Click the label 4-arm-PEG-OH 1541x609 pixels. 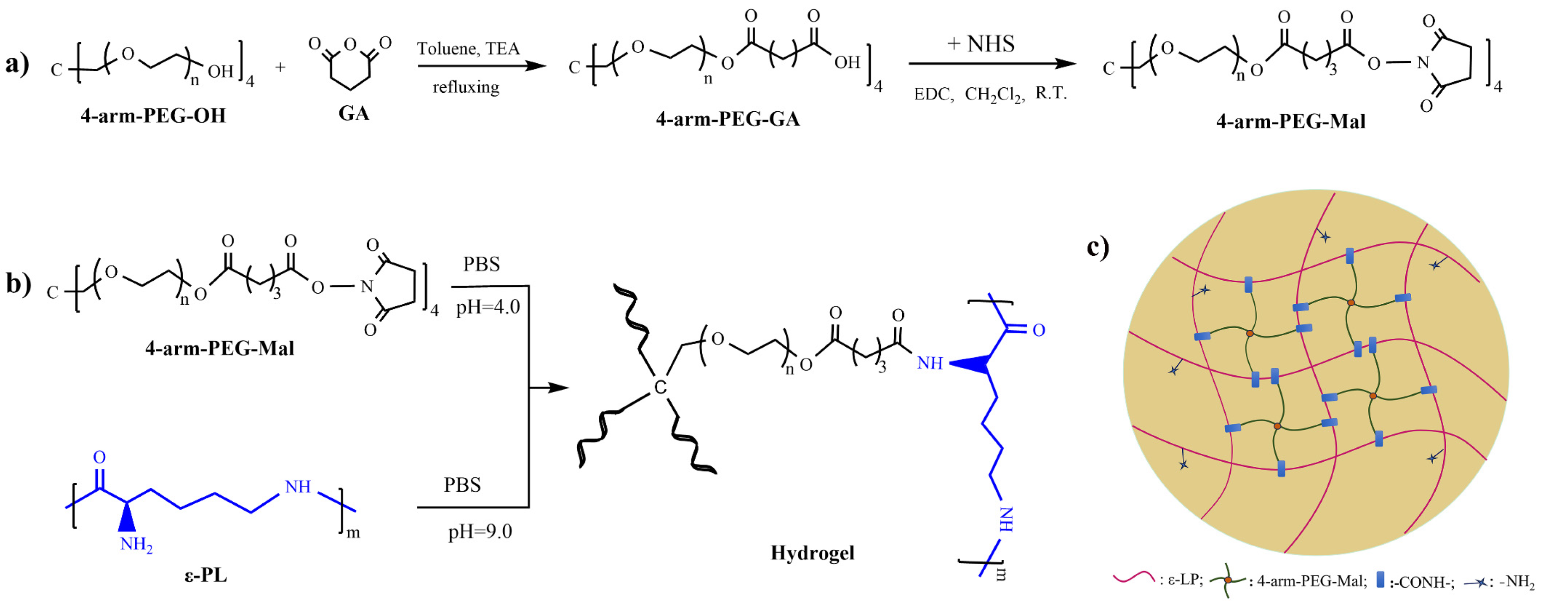tap(153, 115)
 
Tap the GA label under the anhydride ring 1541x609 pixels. tap(354, 113)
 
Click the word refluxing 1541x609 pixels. tap(466, 87)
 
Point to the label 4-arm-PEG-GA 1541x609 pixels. tap(728, 119)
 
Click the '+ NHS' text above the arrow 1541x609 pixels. tap(981, 44)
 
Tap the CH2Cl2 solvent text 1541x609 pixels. tap(993, 95)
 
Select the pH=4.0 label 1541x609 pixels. tap(488, 307)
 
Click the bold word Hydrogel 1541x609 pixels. tap(812, 552)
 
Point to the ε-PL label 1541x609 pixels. tap(205, 575)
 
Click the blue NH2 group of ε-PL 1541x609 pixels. tap(136, 544)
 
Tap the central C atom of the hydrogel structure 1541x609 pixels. tap(660, 388)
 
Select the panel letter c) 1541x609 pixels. tap(1098, 247)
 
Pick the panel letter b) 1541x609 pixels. tap(18, 283)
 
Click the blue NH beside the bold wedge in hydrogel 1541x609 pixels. tap(930, 363)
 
